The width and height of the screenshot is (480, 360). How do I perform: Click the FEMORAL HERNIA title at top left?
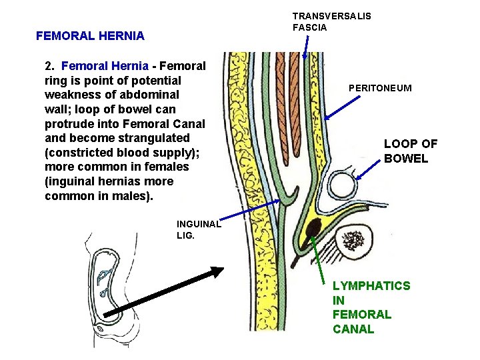pyautogui.click(x=90, y=36)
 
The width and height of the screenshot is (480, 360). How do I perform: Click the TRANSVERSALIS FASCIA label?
pyautogui.click(x=332, y=21)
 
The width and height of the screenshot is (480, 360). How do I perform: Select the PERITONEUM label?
pyautogui.click(x=379, y=88)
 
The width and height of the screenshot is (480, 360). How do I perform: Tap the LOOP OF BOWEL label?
pyautogui.click(x=411, y=151)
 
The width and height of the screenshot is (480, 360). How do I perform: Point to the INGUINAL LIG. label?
pyautogui.click(x=198, y=230)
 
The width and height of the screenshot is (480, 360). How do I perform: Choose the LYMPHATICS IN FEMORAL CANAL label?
pyautogui.click(x=371, y=307)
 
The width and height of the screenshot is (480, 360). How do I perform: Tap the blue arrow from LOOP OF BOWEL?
pyautogui.click(x=371, y=168)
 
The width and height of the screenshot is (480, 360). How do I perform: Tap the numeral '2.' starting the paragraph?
pyautogui.click(x=50, y=66)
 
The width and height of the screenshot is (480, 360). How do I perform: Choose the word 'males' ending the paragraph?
pyautogui.click(x=133, y=196)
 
